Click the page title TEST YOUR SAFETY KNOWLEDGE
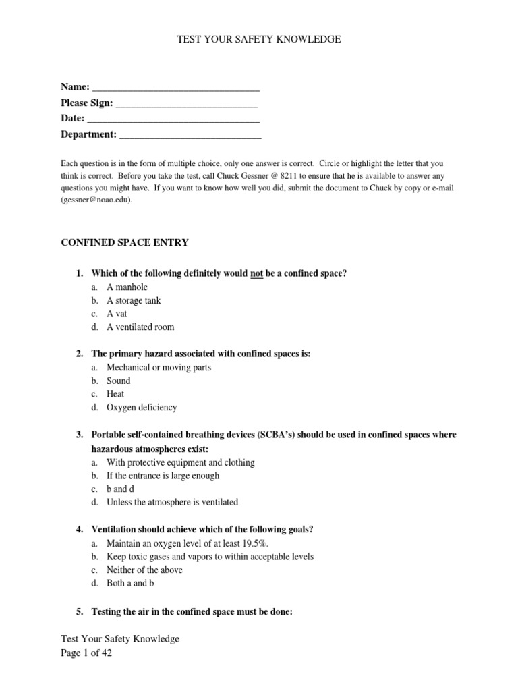pos(259,40)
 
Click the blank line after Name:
pos(176,88)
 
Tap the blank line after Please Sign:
pos(187,105)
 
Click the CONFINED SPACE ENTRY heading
pos(125,242)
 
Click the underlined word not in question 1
pos(256,273)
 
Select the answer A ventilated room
pos(140,327)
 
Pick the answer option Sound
pos(119,381)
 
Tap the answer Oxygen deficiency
pos(142,408)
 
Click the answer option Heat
pos(115,394)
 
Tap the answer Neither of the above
pos(144,570)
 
